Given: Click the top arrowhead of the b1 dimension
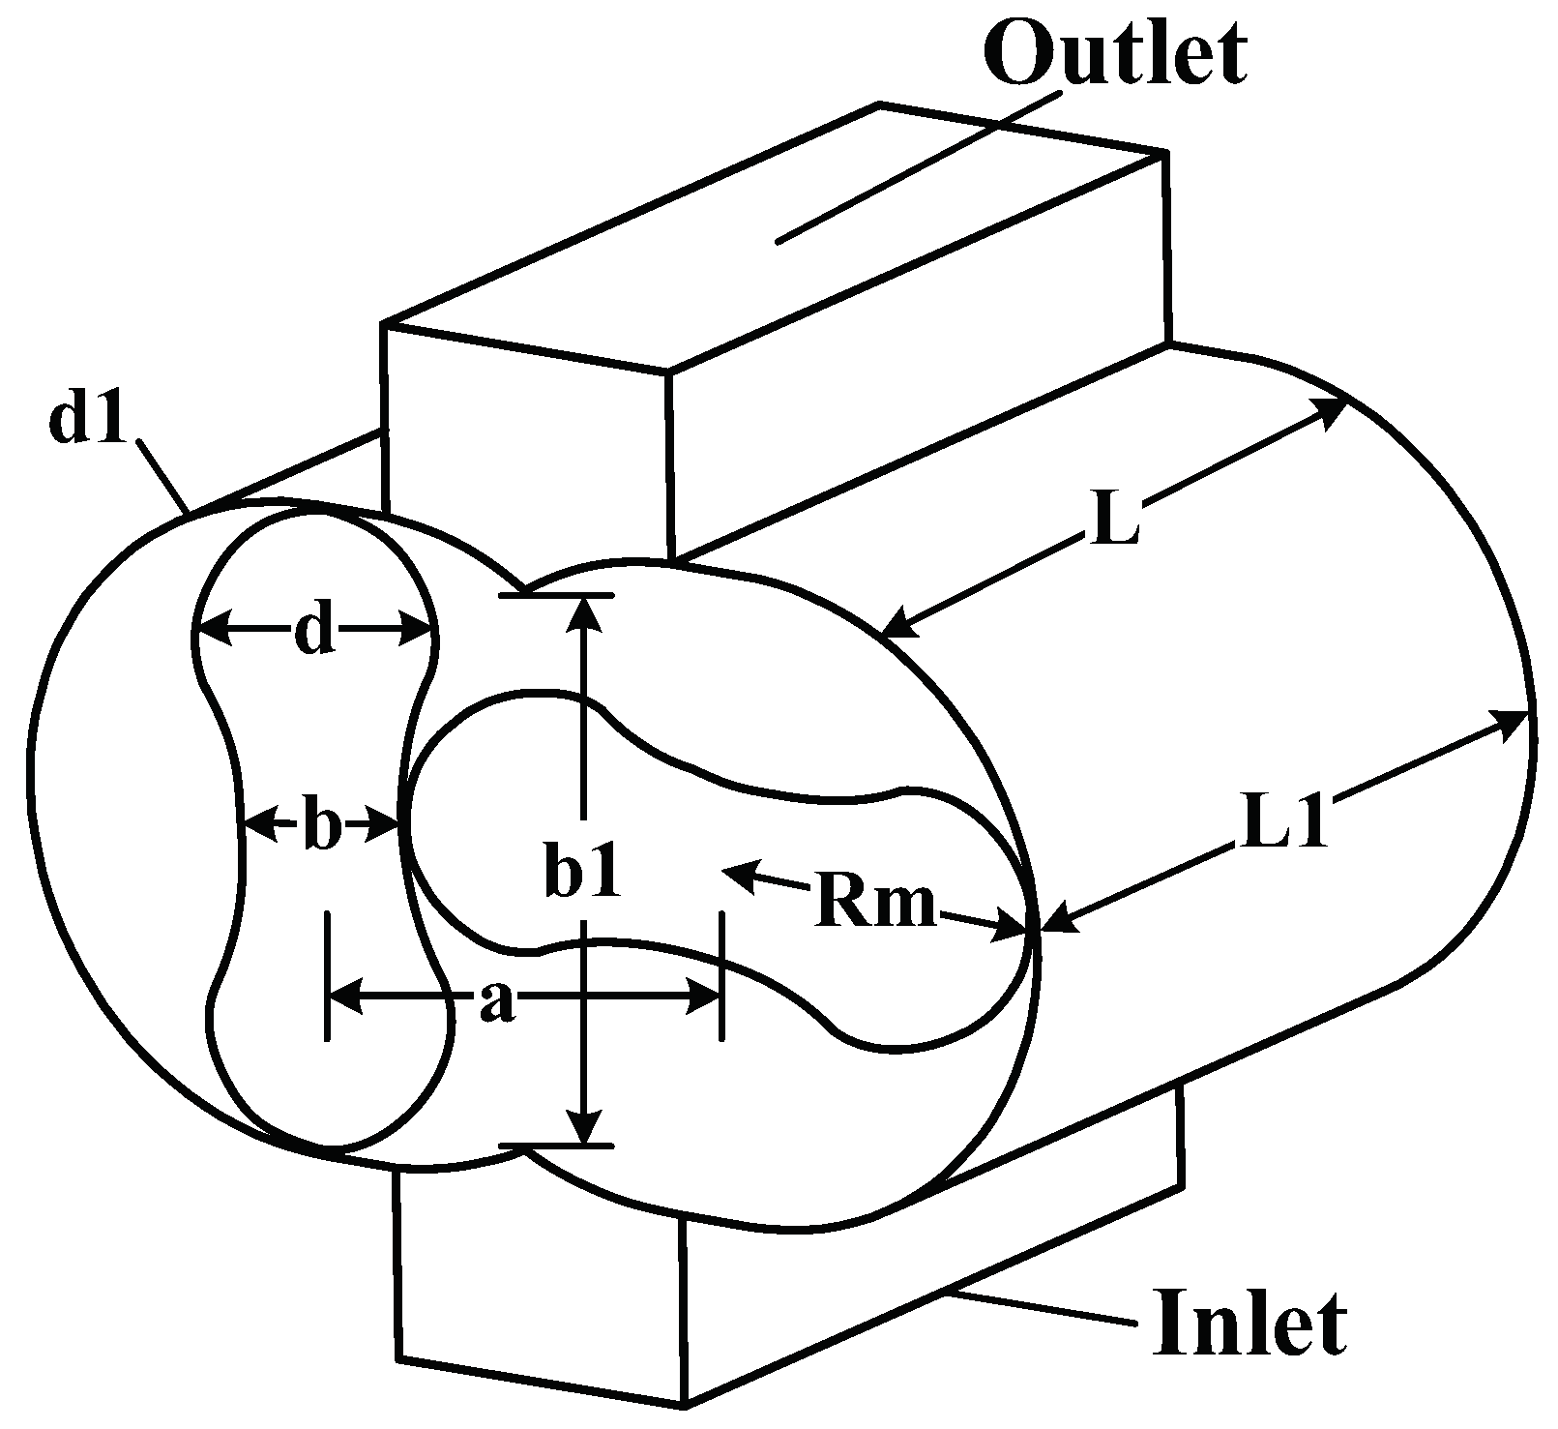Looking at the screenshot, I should pos(582,610).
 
